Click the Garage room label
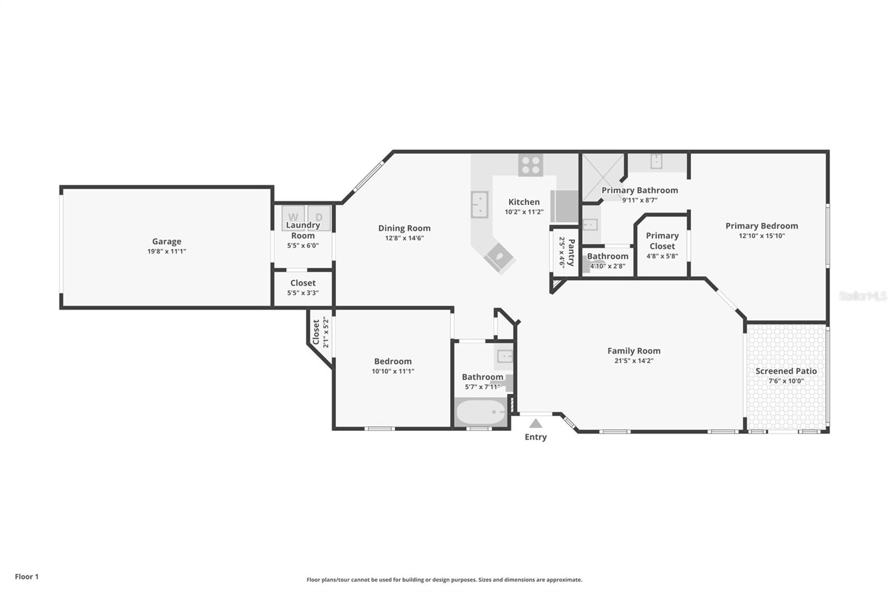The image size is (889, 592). pos(167,242)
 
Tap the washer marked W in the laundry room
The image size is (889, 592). pos(293,217)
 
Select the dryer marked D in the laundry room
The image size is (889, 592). pos(319,217)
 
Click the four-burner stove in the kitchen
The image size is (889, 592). pos(531,165)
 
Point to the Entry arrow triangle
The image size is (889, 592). pos(536,424)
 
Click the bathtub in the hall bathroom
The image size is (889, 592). pos(481,412)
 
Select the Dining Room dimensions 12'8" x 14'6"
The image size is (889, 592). pos(404,238)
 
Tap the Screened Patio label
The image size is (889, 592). pos(786,371)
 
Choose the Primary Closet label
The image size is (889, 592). pos(662,241)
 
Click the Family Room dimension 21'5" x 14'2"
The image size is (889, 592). pos(633,361)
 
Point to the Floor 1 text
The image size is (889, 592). pos(27,576)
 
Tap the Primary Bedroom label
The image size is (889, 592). pos(761,226)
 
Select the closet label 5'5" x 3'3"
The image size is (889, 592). pos(303,293)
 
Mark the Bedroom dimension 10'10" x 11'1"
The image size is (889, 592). pos(393,372)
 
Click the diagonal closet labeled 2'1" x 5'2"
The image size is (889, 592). pos(321,333)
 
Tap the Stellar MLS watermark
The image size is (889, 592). pos(862,296)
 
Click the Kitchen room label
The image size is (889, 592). pos(523,202)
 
